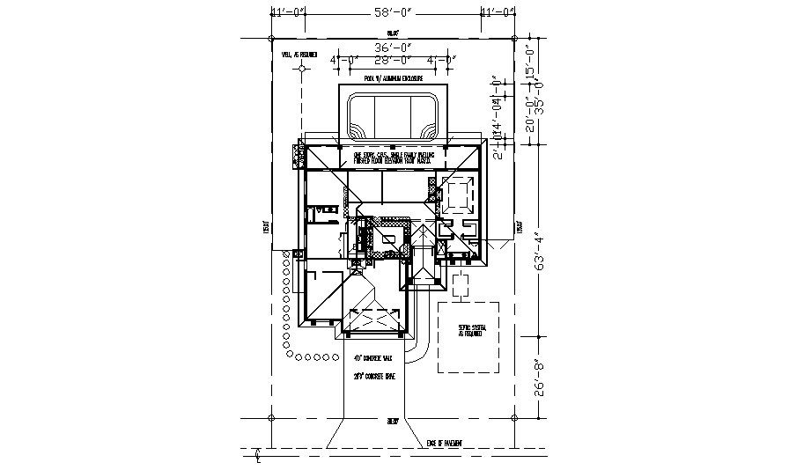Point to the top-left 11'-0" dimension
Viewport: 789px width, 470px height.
pyautogui.click(x=289, y=12)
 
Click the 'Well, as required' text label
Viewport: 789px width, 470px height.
pyautogui.click(x=299, y=55)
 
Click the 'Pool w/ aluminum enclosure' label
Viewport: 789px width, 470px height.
pyautogui.click(x=393, y=78)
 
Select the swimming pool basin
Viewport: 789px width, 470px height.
pyautogui.click(x=393, y=116)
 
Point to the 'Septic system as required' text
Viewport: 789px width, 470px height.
pyautogui.click(x=468, y=332)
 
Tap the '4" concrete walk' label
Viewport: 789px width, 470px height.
pyautogui.click(x=372, y=359)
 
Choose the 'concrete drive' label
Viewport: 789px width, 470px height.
pyautogui.click(x=373, y=377)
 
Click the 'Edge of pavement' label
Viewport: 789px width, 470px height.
pyautogui.click(x=445, y=443)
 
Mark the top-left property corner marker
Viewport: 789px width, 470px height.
pyautogui.click(x=271, y=39)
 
